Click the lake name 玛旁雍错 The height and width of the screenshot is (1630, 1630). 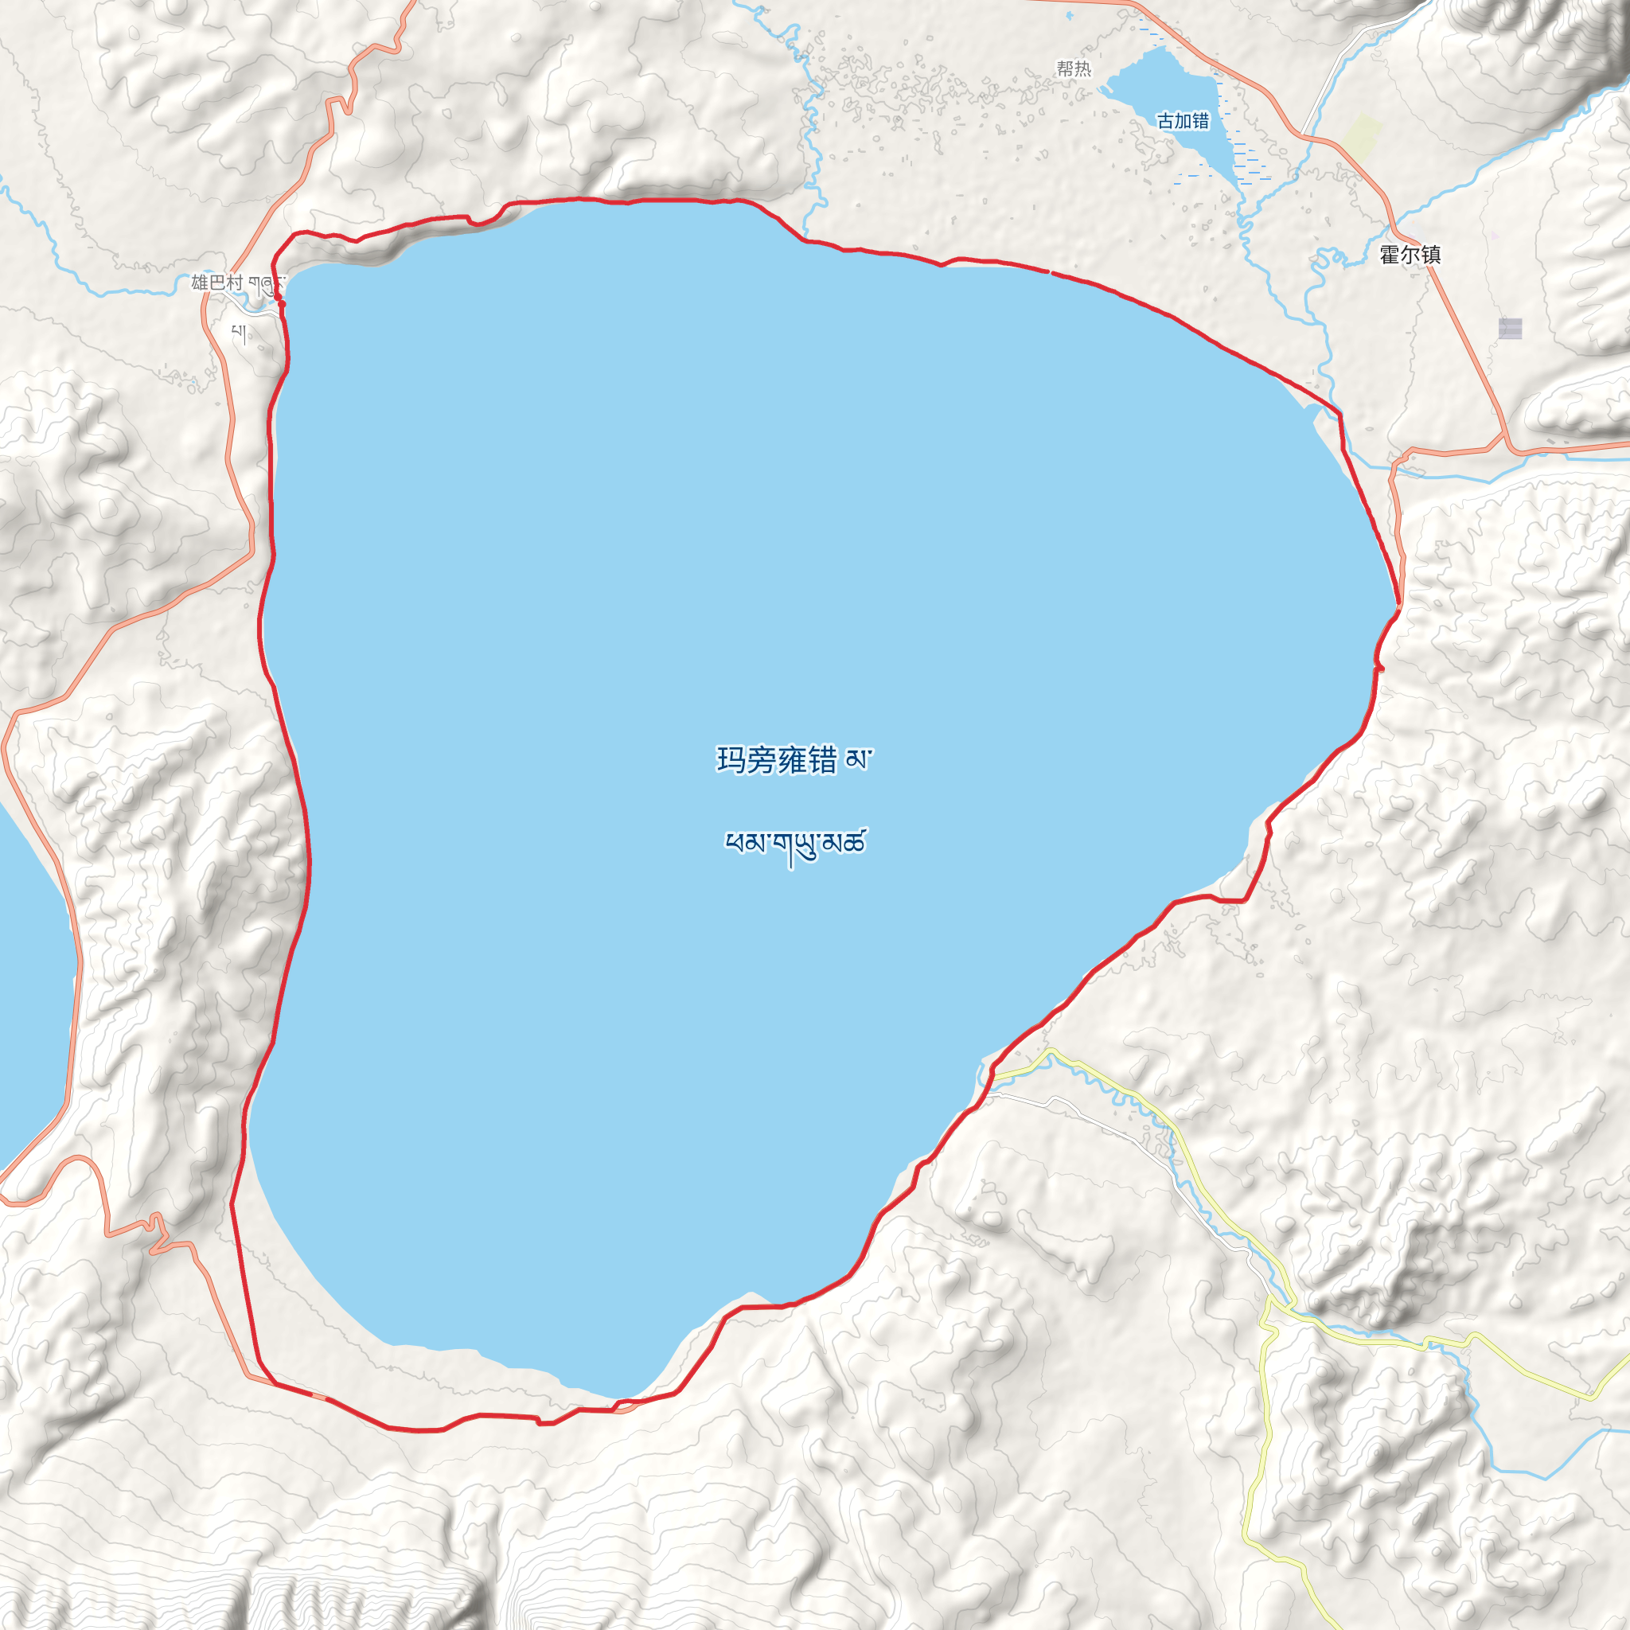pos(776,760)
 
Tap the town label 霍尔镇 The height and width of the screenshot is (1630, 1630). pos(1410,254)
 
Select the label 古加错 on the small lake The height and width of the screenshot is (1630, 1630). pos(1183,122)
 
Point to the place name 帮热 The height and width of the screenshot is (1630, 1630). pos(1074,68)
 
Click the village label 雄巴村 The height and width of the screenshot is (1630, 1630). pos(216,283)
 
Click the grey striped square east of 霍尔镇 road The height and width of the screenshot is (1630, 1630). pos(1510,328)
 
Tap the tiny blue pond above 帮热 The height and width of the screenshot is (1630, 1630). pos(1070,15)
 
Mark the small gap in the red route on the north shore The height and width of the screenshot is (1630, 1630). pos(1051,272)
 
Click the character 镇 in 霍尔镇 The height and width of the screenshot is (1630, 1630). pos(1430,254)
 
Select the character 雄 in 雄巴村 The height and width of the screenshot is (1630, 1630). pos(200,283)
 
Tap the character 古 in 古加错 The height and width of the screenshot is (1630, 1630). pos(1166,122)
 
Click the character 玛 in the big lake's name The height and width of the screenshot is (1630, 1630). pos(731,760)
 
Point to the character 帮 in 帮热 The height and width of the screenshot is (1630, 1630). pos(1066,68)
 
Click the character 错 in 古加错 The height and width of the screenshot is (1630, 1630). pos(1200,122)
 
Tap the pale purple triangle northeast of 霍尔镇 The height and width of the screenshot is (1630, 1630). pos(1495,236)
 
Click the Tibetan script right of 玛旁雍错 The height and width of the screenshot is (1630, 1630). pos(858,760)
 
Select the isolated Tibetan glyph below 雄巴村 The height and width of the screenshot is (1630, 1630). pos(240,335)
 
